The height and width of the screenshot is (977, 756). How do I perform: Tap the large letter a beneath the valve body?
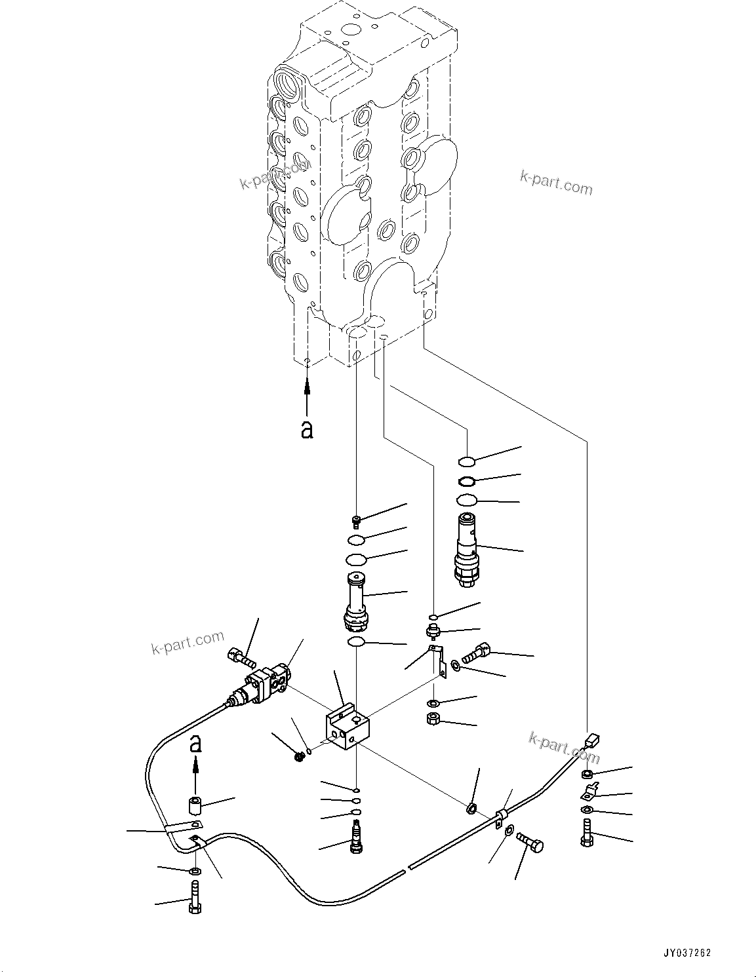pyautogui.click(x=306, y=429)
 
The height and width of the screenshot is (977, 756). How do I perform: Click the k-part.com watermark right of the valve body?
pyautogui.click(x=556, y=183)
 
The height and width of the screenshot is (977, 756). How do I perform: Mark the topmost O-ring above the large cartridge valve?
pyautogui.click(x=466, y=460)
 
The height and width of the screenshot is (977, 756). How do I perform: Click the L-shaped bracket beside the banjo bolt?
pyautogui.click(x=438, y=659)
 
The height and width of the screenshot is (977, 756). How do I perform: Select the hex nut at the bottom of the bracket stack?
pyautogui.click(x=432, y=719)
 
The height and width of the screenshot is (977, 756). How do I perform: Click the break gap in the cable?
pyautogui.click(x=407, y=868)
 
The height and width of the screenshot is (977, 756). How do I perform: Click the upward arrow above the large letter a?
pyautogui.click(x=307, y=393)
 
